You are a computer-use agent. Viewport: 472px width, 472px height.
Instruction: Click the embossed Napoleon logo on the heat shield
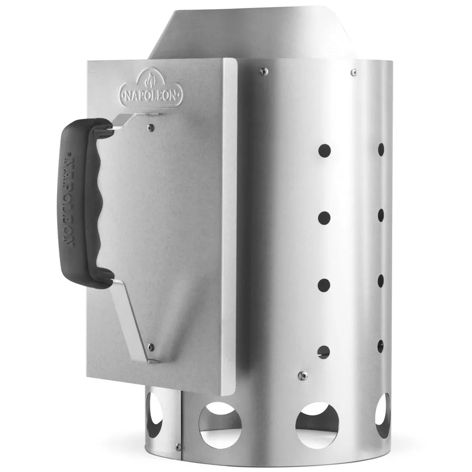pos(151,88)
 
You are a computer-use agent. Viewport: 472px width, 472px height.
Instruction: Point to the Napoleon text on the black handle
pos(69,200)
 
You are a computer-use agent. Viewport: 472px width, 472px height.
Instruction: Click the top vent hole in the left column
pos(324,151)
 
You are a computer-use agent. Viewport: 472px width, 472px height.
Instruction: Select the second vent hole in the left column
pos(324,218)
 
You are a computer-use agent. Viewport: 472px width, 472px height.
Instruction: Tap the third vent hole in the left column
pos(324,285)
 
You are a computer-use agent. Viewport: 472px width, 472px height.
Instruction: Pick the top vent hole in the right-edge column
pos(381,150)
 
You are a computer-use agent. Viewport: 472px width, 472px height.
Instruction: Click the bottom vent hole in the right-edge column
pos(380,346)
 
